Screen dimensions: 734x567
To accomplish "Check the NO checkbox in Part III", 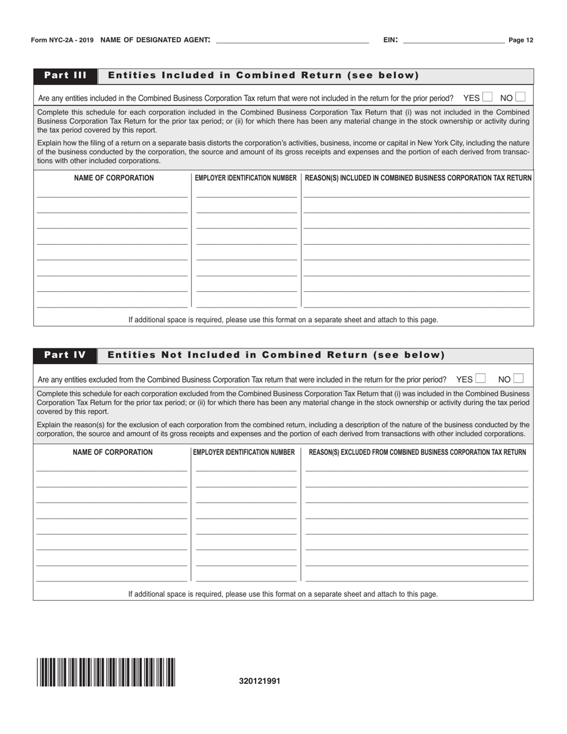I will point(520,97).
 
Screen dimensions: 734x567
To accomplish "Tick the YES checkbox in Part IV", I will point(480,378).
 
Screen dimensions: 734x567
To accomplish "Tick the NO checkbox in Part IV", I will point(518,378).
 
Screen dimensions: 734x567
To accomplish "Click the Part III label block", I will point(66,76).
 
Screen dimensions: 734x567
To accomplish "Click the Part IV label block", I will point(65,356).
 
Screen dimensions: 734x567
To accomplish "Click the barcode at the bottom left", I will point(106,672).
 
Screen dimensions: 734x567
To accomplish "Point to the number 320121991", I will point(259,681).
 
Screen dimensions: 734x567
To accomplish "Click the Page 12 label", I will point(521,41).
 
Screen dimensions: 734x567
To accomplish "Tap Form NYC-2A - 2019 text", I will point(62,41).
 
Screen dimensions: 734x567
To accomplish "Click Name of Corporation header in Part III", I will point(113,178).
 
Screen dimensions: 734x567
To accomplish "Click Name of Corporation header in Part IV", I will point(112,452).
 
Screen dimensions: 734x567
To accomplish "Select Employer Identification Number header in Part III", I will point(246,178).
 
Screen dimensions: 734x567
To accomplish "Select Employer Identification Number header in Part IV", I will point(244,452).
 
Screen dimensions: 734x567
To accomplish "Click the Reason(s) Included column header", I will point(418,178).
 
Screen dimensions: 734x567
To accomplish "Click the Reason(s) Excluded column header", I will point(417,452).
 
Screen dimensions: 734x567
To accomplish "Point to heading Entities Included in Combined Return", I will point(263,76).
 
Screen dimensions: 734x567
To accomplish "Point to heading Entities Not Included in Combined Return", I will point(276,356).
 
